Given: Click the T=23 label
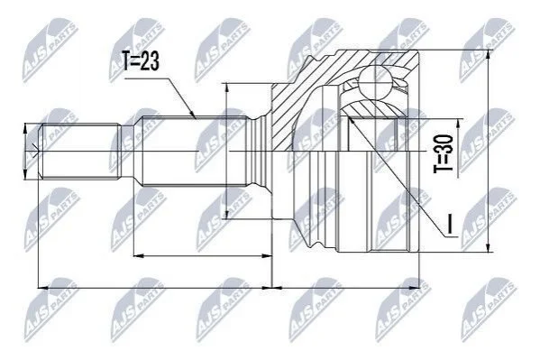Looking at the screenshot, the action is (141, 61).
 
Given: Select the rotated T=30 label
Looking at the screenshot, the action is (443, 153).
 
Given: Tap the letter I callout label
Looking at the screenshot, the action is (449, 223).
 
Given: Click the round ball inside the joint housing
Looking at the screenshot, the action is (374, 83).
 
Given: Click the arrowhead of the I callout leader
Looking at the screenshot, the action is (351, 121).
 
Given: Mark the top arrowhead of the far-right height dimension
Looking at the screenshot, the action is (488, 55).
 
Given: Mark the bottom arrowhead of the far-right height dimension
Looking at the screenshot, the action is (488, 248).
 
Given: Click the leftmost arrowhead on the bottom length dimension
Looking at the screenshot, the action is (42, 287).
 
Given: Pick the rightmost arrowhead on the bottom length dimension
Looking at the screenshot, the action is (416, 287).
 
